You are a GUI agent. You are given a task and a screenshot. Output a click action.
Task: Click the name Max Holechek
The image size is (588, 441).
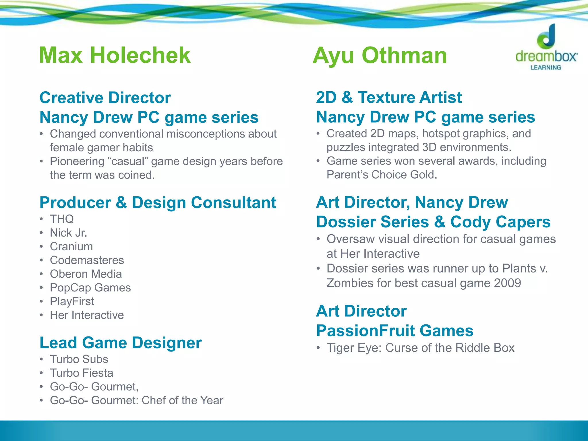click(x=115, y=55)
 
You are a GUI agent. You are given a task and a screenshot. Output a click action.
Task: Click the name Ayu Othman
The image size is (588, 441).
click(x=380, y=56)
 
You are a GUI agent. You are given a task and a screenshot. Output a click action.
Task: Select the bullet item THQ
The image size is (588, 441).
click(x=62, y=219)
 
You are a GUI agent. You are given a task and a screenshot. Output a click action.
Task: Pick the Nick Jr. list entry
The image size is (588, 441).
click(x=68, y=233)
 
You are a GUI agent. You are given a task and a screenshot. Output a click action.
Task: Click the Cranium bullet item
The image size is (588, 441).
click(x=71, y=247)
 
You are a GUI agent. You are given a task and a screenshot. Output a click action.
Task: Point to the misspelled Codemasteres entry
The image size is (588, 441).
click(x=87, y=260)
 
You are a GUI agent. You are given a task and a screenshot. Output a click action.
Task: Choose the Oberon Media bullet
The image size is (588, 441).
click(x=86, y=274)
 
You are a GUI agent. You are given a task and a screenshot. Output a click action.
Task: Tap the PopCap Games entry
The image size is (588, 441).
click(x=90, y=288)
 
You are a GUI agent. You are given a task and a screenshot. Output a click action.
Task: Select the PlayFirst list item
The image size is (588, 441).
click(x=72, y=301)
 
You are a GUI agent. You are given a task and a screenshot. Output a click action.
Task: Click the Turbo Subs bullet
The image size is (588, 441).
click(x=79, y=359)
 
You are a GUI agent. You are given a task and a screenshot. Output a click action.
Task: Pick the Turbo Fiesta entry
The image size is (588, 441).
click(x=82, y=373)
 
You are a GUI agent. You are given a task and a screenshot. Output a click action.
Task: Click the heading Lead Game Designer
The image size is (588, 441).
click(x=121, y=343)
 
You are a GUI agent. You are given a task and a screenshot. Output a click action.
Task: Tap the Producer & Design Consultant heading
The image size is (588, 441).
click(x=158, y=203)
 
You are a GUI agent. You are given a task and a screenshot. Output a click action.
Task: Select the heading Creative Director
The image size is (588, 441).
click(x=105, y=98)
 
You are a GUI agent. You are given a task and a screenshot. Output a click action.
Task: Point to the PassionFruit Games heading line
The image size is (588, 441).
click(x=394, y=331)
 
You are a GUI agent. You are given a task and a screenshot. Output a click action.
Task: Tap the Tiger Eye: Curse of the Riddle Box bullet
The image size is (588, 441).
click(x=420, y=348)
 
